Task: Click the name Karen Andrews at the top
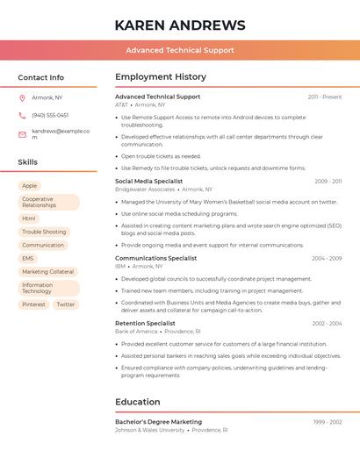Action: click(x=180, y=25)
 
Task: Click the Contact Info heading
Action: click(x=40, y=77)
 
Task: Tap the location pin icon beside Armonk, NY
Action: click(x=22, y=97)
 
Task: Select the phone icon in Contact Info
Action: click(x=22, y=115)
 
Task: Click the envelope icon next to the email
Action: click(x=22, y=134)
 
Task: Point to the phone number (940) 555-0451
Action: click(x=50, y=115)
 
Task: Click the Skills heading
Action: click(x=28, y=162)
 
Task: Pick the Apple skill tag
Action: click(x=30, y=186)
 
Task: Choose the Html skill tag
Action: click(x=29, y=218)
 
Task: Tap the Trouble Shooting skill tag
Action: click(x=44, y=232)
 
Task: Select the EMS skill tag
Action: click(x=28, y=259)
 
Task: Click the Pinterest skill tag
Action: click(x=34, y=304)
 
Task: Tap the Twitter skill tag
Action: click(x=66, y=304)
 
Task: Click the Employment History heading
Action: click(x=161, y=77)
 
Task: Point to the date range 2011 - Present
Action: click(x=325, y=97)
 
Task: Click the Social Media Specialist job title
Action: click(x=148, y=182)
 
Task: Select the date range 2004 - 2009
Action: click(x=327, y=259)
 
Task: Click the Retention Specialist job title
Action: click(x=145, y=324)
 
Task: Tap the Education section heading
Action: click(x=138, y=402)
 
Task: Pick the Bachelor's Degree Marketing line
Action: click(x=158, y=422)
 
